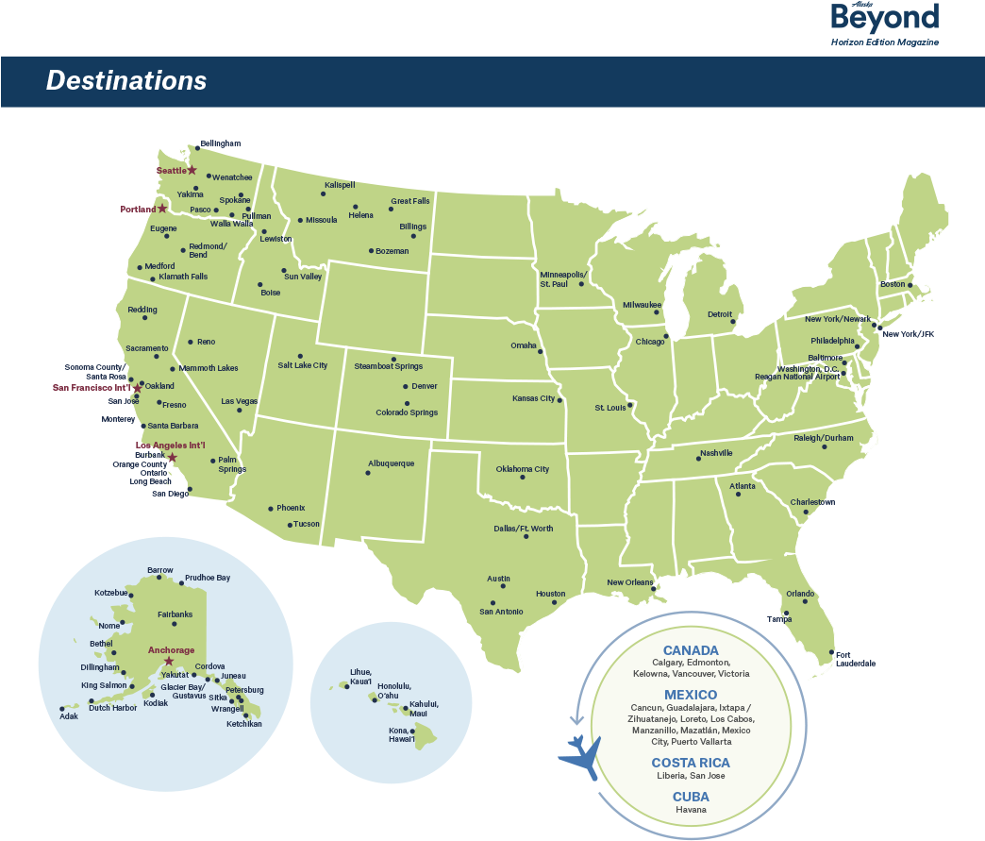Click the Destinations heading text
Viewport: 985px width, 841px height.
(x=126, y=81)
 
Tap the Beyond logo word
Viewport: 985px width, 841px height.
(x=884, y=19)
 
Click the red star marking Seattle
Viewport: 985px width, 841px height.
(x=192, y=170)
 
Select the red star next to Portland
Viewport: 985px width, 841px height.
(x=162, y=209)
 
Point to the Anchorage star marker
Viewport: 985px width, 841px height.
(x=169, y=661)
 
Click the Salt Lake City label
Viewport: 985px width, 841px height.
(x=302, y=365)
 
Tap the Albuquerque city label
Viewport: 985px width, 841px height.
(x=391, y=463)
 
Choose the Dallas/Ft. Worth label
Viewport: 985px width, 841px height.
(x=523, y=529)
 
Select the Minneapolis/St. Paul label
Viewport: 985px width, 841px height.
(x=563, y=278)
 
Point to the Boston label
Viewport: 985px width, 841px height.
(x=893, y=284)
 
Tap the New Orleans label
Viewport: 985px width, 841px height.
(x=629, y=582)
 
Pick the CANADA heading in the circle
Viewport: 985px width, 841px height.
(x=691, y=650)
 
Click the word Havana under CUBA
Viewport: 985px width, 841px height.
(x=691, y=810)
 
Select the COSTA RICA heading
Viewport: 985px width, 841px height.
(x=691, y=763)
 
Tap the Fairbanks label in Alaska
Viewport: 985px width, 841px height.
(x=175, y=614)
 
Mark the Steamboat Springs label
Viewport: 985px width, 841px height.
(x=388, y=365)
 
